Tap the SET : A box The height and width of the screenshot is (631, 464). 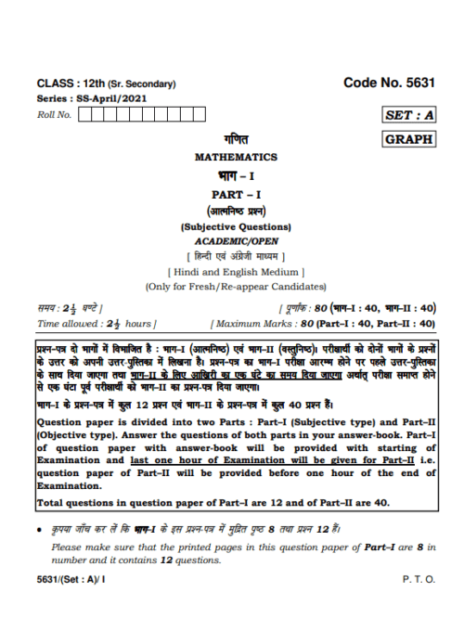click(x=408, y=115)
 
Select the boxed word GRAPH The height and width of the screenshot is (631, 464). click(x=408, y=139)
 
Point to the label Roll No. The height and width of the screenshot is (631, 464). click(x=53, y=115)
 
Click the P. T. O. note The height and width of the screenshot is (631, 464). click(x=418, y=579)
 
